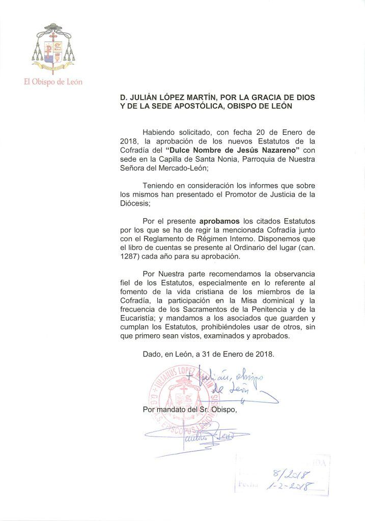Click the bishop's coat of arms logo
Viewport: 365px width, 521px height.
(x=51, y=47)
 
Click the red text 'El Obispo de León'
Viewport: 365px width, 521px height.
(x=53, y=82)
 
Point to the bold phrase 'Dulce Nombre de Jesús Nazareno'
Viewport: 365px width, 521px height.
(x=233, y=150)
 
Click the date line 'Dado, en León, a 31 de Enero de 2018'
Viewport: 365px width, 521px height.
(x=209, y=355)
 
